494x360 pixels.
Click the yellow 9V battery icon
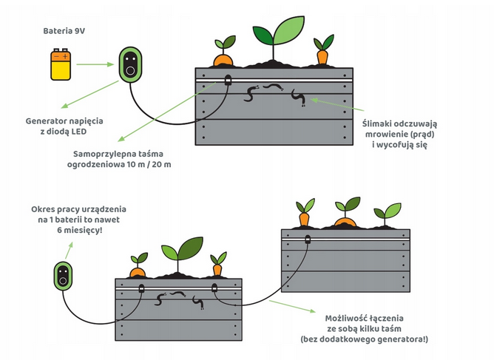(x=61, y=64)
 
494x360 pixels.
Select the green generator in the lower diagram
(x=64, y=276)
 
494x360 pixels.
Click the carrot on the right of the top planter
(x=322, y=52)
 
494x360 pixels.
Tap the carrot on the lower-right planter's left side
(x=303, y=215)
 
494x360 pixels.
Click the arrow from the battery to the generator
(x=95, y=64)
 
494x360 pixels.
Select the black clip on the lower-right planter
(x=307, y=238)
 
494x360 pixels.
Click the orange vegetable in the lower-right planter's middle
(x=345, y=217)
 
